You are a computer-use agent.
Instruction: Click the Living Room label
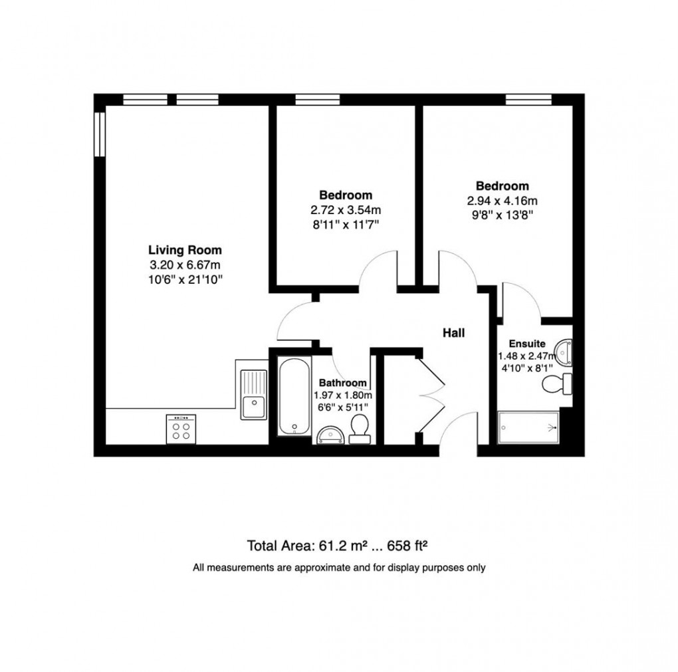[x=184, y=251]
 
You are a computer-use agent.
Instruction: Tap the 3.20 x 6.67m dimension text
[x=184, y=266]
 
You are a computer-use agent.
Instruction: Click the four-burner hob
[x=181, y=429]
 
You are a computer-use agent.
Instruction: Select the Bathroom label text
[x=343, y=383]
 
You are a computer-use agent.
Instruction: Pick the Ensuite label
[x=527, y=344]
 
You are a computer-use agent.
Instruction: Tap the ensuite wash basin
[x=564, y=351]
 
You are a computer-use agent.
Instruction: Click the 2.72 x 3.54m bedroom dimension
[x=345, y=211]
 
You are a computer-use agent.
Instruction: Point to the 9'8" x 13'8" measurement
[x=502, y=215]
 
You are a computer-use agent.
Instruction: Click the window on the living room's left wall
[x=99, y=134]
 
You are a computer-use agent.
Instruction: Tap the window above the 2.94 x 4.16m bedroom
[x=528, y=100]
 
